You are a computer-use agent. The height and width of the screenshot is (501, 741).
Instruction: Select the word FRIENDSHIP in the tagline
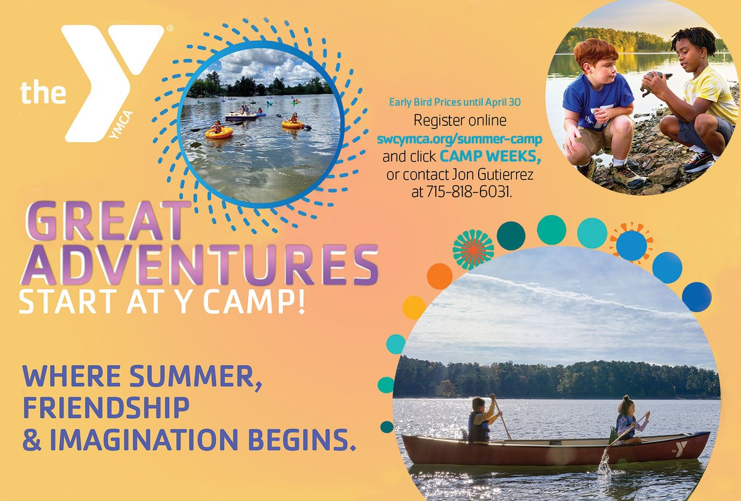105,408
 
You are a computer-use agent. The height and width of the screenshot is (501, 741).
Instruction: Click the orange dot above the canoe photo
439,276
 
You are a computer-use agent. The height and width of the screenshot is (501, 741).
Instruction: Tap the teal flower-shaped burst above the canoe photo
473,249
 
